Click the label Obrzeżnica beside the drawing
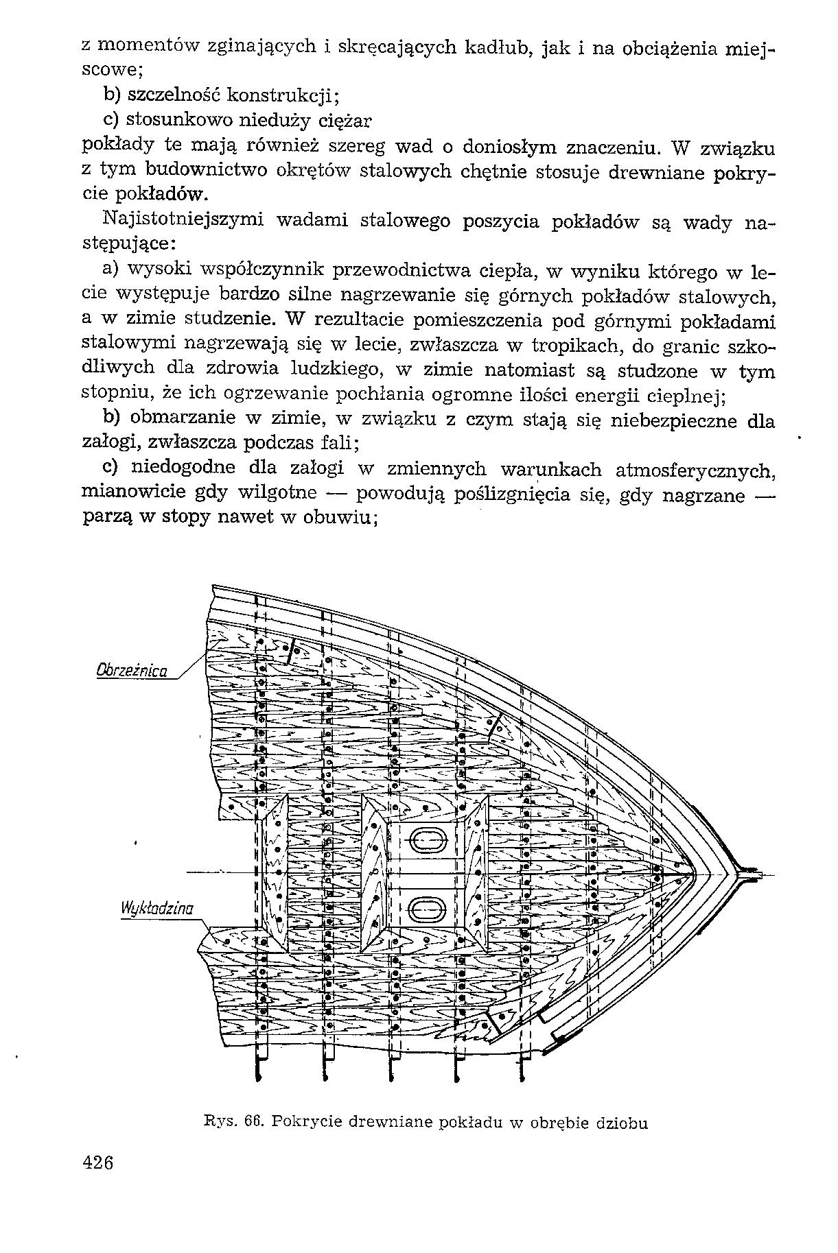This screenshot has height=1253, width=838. [x=132, y=669]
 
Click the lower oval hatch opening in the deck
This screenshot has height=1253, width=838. [x=427, y=910]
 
